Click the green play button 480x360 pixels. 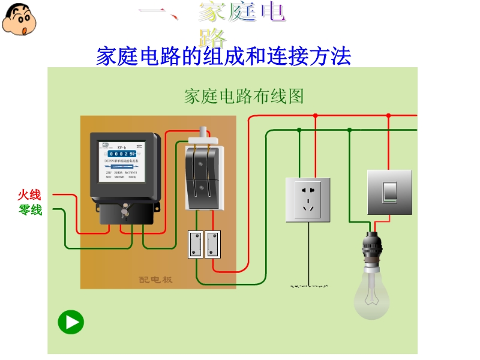coord(71,323)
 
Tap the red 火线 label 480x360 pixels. coord(29,195)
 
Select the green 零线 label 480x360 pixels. coord(31,210)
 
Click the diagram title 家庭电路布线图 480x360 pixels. coord(244,96)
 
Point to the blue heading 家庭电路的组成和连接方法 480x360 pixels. coord(223,57)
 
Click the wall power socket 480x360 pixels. coord(308,200)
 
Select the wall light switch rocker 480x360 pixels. coord(389,191)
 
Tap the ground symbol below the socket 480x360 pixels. coord(308,287)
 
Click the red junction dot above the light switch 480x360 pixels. coord(388,115)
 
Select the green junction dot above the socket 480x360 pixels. coord(299,130)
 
